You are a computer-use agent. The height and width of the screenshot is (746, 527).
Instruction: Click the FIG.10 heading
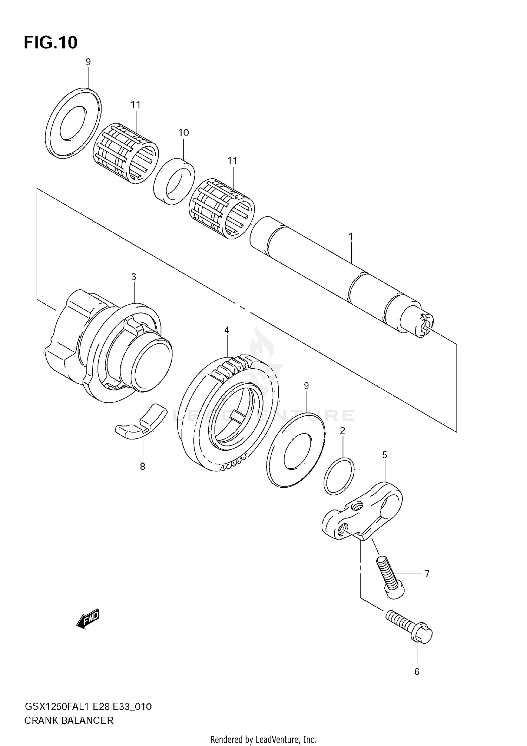pos(51,43)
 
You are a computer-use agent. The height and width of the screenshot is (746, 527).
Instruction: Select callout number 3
pos(134,277)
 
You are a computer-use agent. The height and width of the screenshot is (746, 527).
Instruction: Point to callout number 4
pos(227,330)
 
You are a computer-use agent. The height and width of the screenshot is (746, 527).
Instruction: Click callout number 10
pos(183,133)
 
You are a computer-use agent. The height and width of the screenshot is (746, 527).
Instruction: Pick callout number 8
pos(143,467)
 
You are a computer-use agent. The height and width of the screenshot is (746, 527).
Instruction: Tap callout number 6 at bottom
pos(417,672)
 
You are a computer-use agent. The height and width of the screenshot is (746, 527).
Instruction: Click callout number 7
pos(427,574)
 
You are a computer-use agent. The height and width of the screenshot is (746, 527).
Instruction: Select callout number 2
pos(343,431)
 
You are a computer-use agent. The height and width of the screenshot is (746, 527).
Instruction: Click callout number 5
pos(385,455)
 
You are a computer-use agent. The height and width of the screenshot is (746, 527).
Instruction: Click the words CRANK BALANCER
pos(69,721)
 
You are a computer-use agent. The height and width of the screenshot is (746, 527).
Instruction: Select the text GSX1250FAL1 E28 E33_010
pos(88,707)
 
